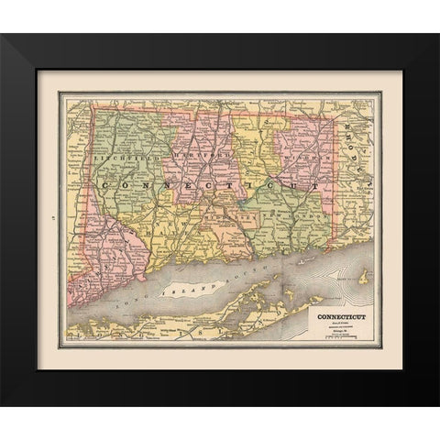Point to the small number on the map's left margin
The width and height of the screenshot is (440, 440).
coord(49,218)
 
